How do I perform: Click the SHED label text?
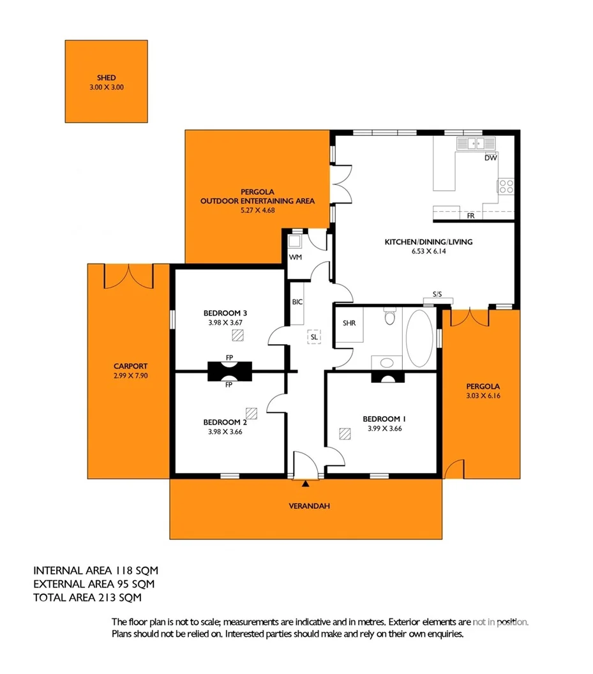pyautogui.click(x=106, y=77)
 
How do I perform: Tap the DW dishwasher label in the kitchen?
pyautogui.click(x=490, y=158)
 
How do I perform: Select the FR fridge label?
pyautogui.click(x=470, y=216)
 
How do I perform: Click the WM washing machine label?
pyautogui.click(x=295, y=257)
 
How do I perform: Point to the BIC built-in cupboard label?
pyautogui.click(x=297, y=302)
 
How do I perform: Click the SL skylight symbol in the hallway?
pyautogui.click(x=313, y=336)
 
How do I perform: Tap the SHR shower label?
pyautogui.click(x=349, y=323)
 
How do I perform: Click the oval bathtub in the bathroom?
pyautogui.click(x=419, y=338)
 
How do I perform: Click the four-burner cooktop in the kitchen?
pyautogui.click(x=506, y=186)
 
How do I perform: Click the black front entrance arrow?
pyautogui.click(x=304, y=484)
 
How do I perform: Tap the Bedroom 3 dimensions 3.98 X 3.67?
pyautogui.click(x=225, y=322)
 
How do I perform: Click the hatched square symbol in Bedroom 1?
pyautogui.click(x=345, y=434)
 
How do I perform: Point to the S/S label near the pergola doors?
pyautogui.click(x=437, y=294)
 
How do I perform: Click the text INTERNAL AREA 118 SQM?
pyautogui.click(x=95, y=570)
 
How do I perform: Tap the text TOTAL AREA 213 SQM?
pyautogui.click(x=87, y=598)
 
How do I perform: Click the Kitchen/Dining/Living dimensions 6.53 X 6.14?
pyautogui.click(x=427, y=251)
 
